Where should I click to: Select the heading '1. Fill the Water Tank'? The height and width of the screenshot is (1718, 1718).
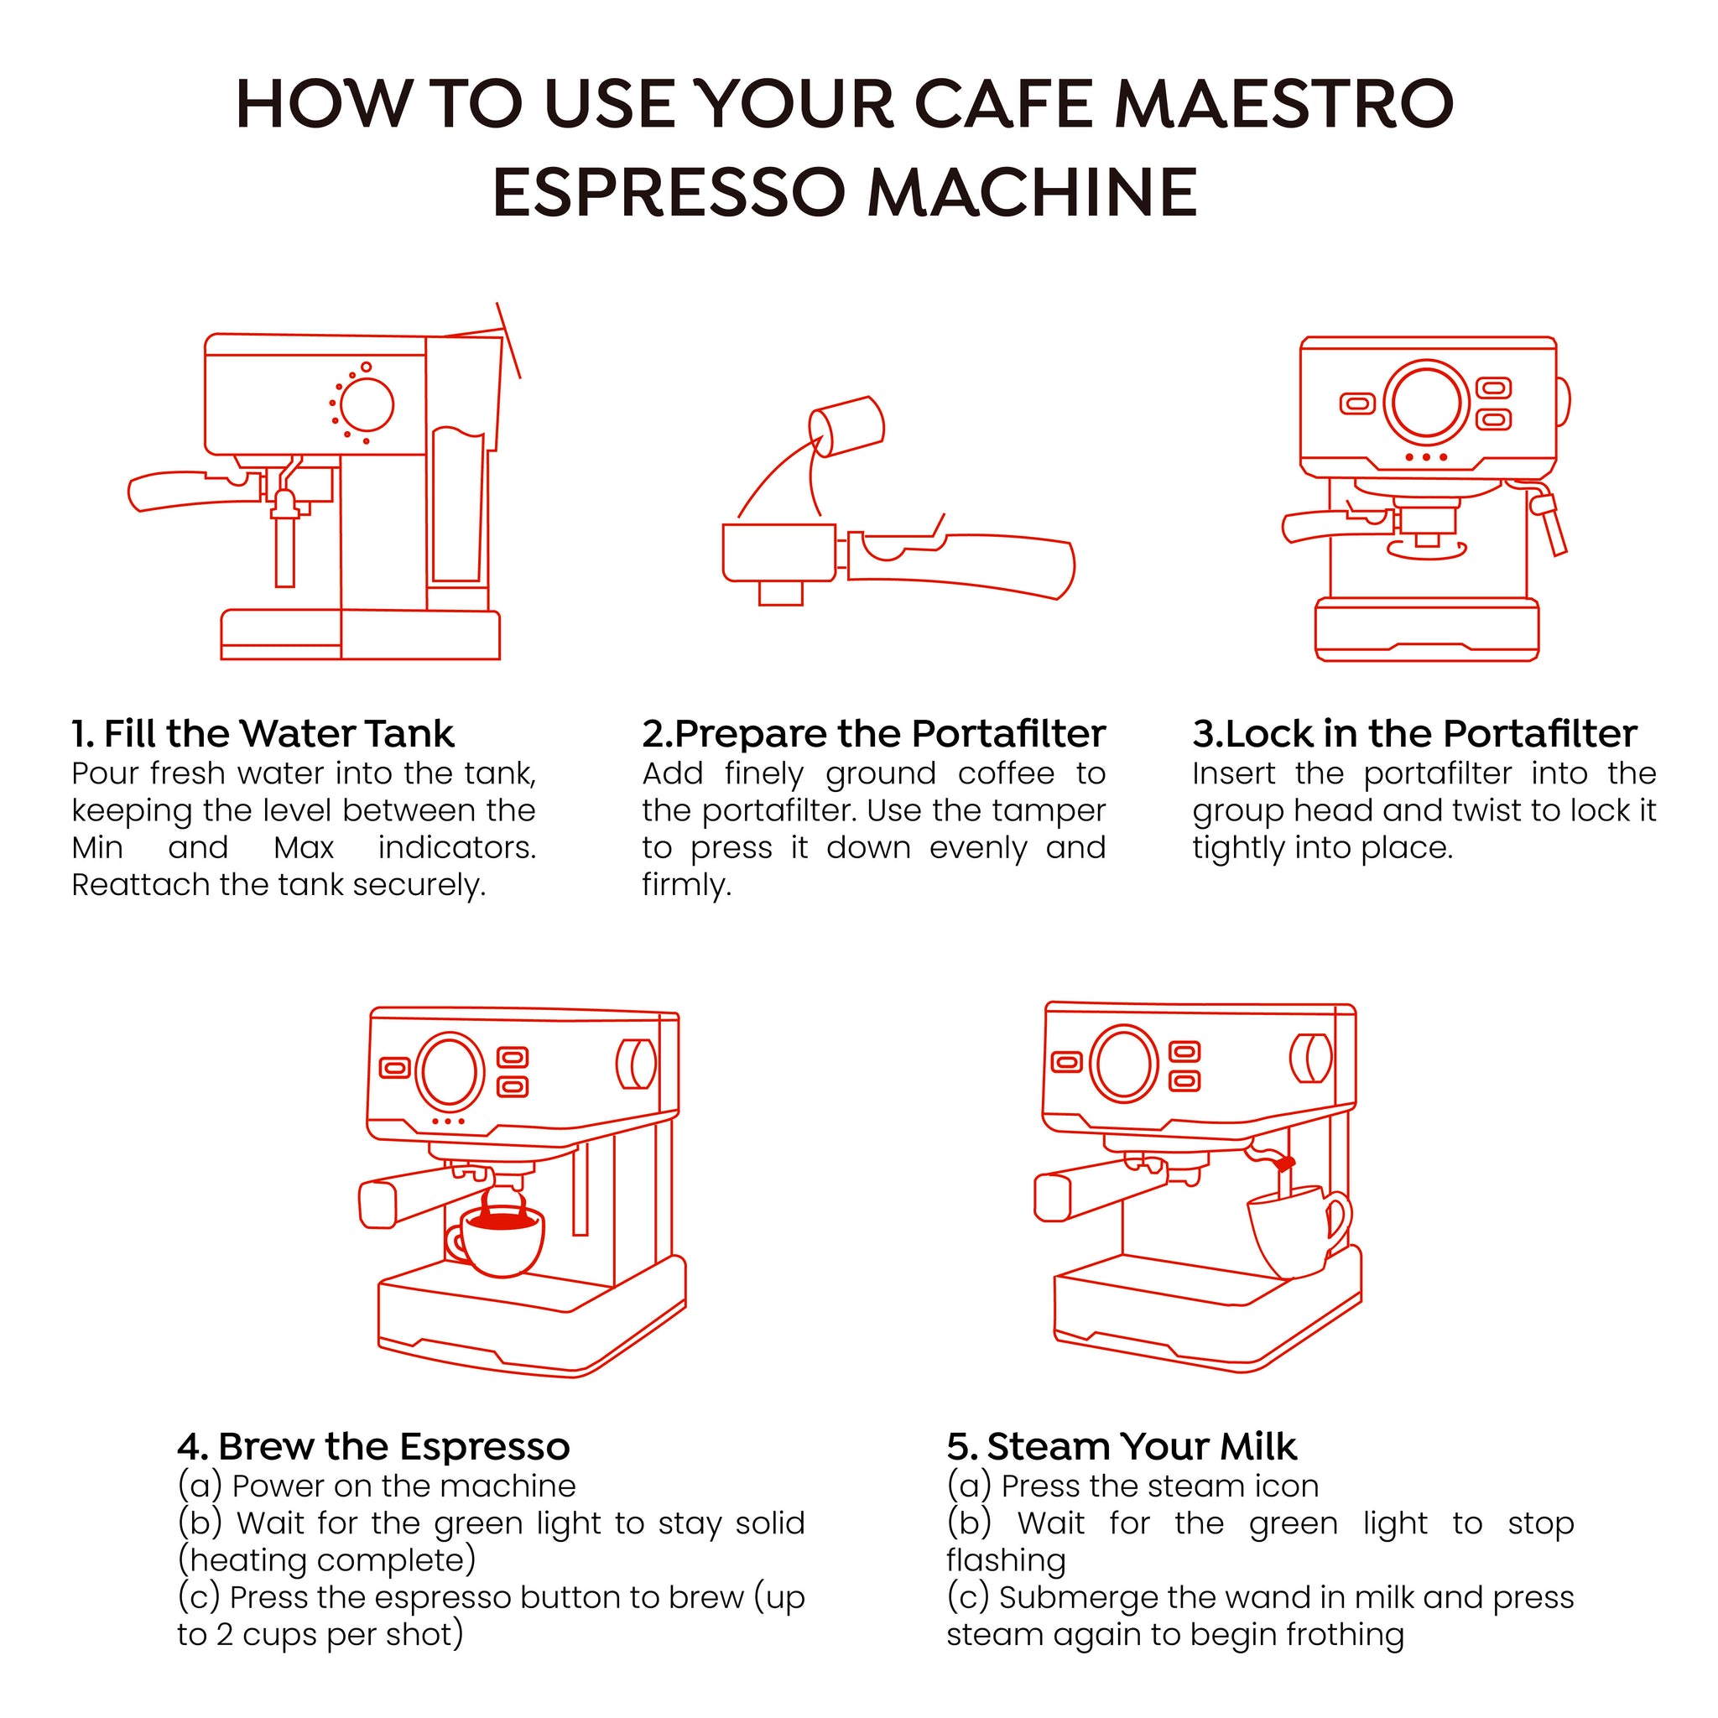click(x=263, y=735)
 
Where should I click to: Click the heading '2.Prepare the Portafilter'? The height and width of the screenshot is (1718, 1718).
click(x=874, y=735)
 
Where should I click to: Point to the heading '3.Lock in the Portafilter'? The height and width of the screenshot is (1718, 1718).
click(x=1415, y=735)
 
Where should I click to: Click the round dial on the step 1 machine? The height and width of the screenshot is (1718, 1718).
click(x=367, y=405)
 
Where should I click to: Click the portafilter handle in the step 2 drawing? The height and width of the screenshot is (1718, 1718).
click(x=961, y=564)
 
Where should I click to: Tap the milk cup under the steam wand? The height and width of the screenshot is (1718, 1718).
click(x=1299, y=1231)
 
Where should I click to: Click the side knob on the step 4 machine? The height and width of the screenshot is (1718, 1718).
click(x=637, y=1064)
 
